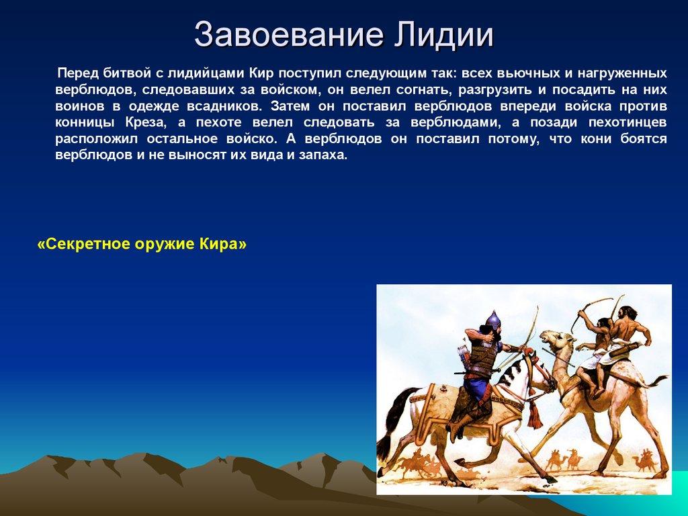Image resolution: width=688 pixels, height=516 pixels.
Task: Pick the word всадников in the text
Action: click(221, 107)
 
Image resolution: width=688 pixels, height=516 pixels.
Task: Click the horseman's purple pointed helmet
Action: click(492, 320)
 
